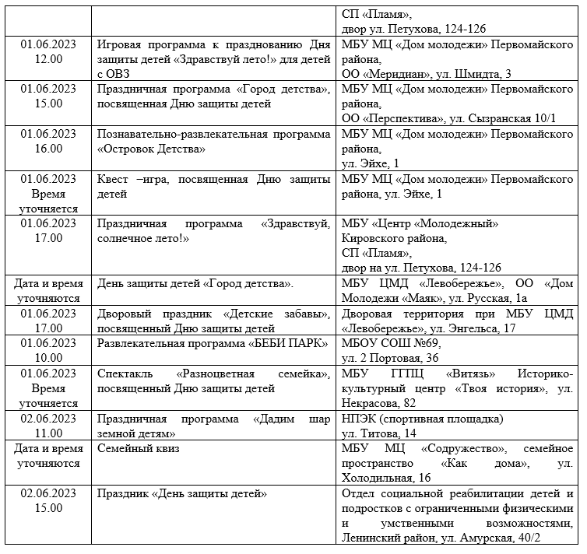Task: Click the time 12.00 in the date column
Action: (49, 59)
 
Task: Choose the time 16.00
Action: (49, 148)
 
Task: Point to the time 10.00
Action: (49, 357)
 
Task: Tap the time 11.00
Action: (49, 433)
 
